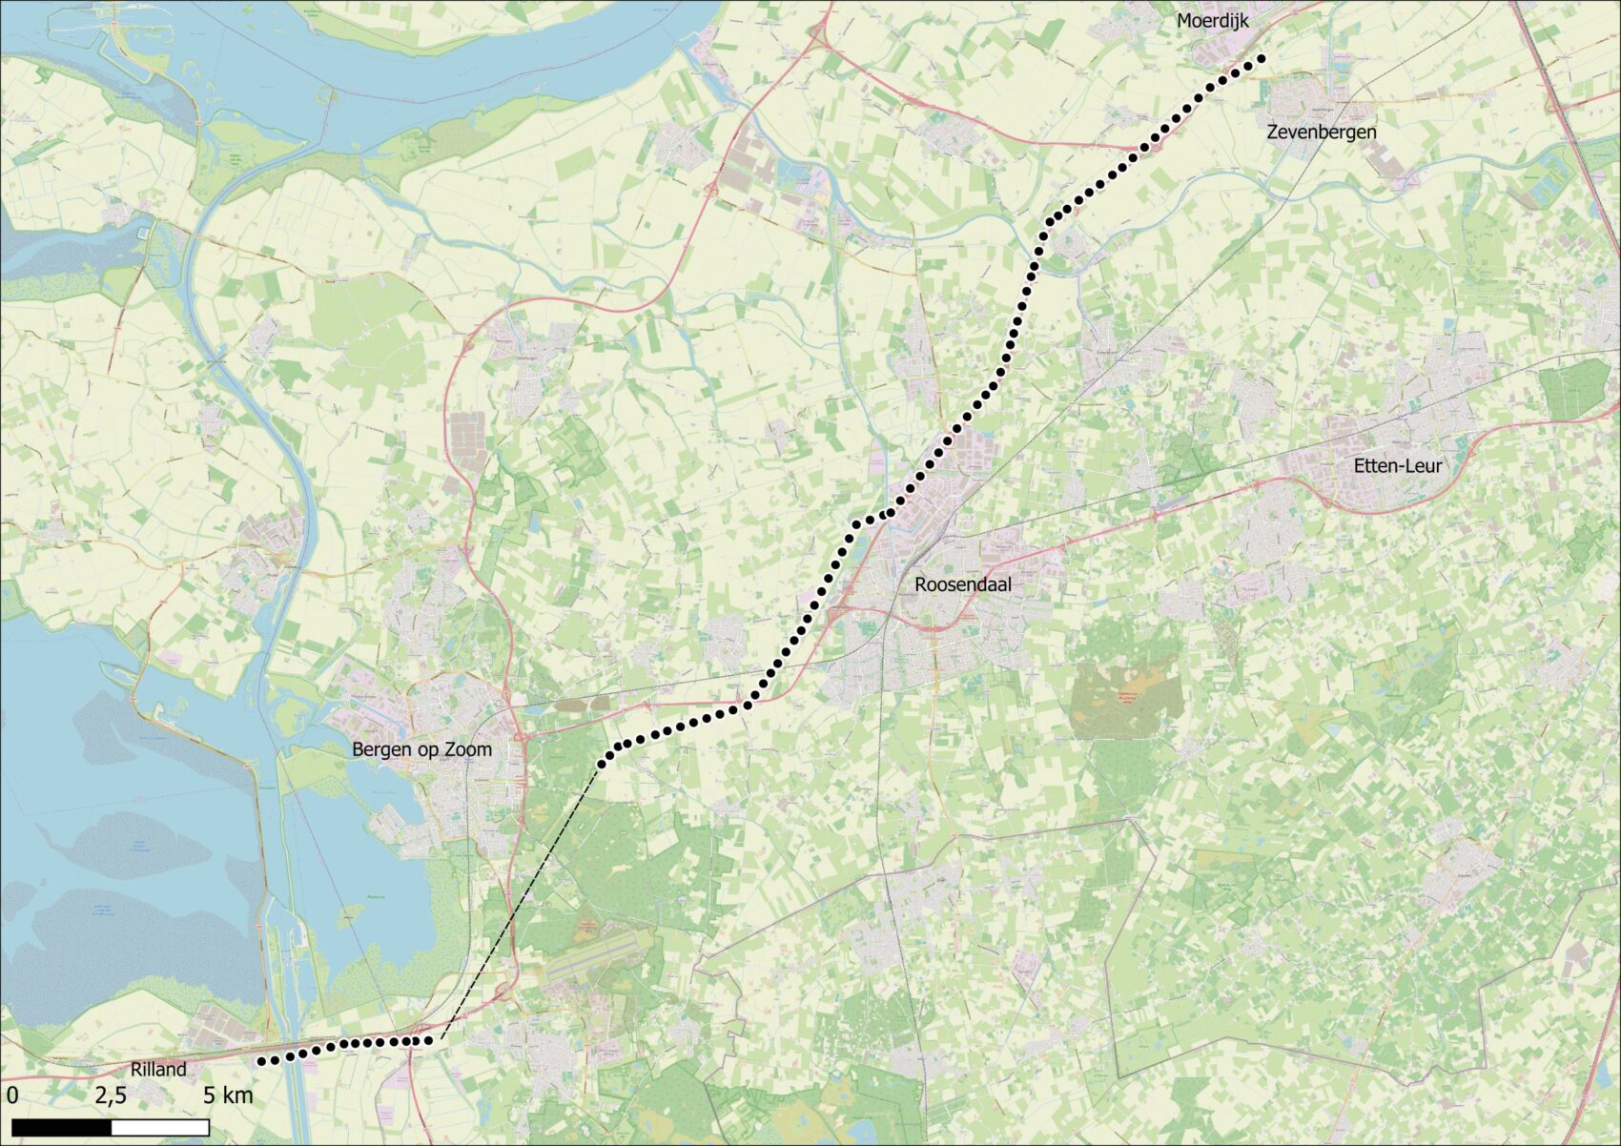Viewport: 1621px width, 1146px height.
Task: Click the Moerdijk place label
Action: (1212, 21)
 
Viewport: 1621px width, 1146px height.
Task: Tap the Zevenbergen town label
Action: (1321, 133)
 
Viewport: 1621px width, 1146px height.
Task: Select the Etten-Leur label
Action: (1397, 466)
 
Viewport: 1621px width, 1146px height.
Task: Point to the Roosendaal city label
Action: (962, 584)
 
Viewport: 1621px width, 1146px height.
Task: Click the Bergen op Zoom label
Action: (421, 749)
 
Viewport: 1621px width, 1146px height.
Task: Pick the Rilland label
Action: (158, 1070)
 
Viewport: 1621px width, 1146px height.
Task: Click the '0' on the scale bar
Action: (11, 1095)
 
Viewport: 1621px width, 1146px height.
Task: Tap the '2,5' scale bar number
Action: (110, 1095)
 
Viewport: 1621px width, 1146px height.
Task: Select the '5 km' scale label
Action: (228, 1095)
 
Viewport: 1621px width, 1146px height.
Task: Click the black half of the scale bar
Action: (62, 1128)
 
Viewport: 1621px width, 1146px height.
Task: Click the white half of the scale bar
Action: (160, 1128)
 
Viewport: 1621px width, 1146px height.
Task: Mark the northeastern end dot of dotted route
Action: (1261, 59)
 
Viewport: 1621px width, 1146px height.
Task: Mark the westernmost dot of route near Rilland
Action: (261, 1060)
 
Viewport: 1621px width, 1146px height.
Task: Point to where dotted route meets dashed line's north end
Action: (602, 763)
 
